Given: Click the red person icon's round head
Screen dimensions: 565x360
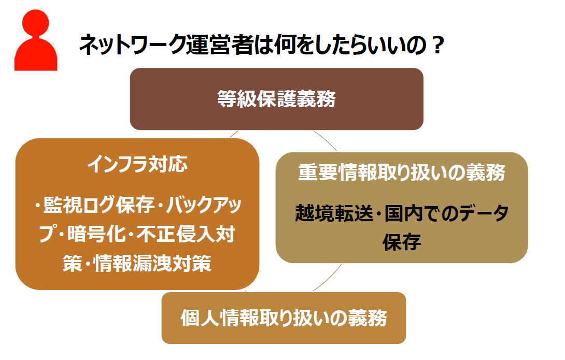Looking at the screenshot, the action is click(36, 23).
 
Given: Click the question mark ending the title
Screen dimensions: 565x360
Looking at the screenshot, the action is click(438, 45).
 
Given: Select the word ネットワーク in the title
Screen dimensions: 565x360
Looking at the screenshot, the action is click(132, 45).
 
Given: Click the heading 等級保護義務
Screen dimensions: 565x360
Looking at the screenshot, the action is click(276, 98).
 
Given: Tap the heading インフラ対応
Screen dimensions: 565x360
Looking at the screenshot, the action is click(137, 164).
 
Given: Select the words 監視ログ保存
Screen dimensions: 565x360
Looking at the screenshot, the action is click(98, 205).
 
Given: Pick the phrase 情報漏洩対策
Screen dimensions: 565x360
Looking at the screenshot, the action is click(152, 264).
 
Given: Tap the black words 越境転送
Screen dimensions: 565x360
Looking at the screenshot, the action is click(334, 213).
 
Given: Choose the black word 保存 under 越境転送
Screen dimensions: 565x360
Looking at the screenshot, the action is click(402, 242).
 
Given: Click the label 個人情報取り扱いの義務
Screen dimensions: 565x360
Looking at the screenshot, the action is click(284, 318).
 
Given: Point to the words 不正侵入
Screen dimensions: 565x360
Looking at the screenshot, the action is click(176, 234).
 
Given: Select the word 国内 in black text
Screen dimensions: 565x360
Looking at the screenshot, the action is click(403, 213).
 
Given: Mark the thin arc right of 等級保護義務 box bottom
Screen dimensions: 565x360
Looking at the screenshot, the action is click(326, 140).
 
